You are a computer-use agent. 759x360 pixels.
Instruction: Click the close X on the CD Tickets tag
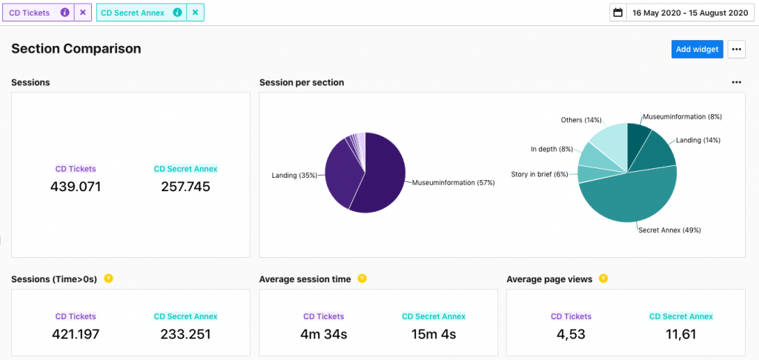tap(83, 13)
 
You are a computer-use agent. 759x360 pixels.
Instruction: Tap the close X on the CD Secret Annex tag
tap(195, 13)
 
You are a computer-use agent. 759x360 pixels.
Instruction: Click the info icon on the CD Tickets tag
tap(64, 13)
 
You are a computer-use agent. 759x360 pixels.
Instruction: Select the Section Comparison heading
tap(76, 49)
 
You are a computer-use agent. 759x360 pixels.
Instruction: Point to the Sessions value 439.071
tap(76, 187)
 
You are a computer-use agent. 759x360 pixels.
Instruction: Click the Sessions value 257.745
tap(185, 187)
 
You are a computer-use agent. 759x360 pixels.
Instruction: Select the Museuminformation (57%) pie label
tap(453, 182)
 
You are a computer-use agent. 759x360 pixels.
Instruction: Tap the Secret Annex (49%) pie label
tap(669, 230)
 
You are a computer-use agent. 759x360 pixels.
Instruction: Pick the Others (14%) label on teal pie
tap(581, 120)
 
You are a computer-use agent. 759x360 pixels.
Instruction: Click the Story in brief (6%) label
tap(540, 175)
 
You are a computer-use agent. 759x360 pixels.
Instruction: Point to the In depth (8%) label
tap(551, 149)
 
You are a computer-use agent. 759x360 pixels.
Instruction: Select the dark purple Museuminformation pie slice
tap(382, 174)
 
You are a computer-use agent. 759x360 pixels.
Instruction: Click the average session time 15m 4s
tap(434, 334)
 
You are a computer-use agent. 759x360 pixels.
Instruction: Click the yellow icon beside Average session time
tap(362, 279)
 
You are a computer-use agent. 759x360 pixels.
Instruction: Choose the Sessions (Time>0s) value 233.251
tap(185, 334)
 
